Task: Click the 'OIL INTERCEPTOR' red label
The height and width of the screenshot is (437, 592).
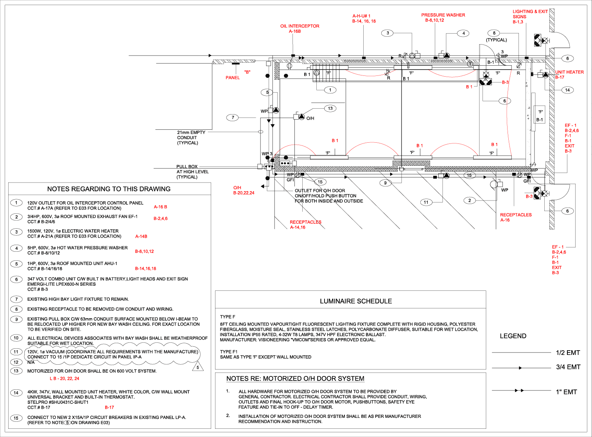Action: point(300,26)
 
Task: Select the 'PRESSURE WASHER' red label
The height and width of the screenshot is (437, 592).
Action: point(443,15)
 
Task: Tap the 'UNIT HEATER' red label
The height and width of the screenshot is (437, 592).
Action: point(569,72)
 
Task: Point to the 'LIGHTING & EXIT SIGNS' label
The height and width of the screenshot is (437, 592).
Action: point(530,14)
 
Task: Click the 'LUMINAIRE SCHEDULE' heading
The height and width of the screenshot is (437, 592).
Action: point(356,301)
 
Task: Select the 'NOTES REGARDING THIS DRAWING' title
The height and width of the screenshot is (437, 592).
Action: point(109,189)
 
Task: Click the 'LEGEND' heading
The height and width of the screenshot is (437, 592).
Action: point(513,336)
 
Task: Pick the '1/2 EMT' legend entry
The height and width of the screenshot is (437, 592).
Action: point(568,353)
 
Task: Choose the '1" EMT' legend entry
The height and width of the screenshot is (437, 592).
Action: point(566,392)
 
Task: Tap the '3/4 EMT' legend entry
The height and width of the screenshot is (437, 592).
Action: point(568,367)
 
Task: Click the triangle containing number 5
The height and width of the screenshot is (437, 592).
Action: point(198,367)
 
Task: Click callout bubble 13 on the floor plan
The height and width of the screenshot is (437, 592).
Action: point(330,108)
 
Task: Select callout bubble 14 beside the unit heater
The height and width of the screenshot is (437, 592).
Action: point(567,90)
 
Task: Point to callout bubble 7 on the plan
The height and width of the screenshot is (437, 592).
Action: point(233,117)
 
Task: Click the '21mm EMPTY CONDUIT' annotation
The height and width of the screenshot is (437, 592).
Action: point(191,138)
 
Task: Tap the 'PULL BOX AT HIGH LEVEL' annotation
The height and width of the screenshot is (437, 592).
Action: point(192,172)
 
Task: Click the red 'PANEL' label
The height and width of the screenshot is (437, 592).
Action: point(233,78)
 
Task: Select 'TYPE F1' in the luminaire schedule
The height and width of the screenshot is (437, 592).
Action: point(229,352)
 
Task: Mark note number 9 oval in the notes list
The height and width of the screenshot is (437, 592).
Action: point(16,319)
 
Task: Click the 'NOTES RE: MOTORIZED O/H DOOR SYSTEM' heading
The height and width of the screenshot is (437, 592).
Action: point(295,379)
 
